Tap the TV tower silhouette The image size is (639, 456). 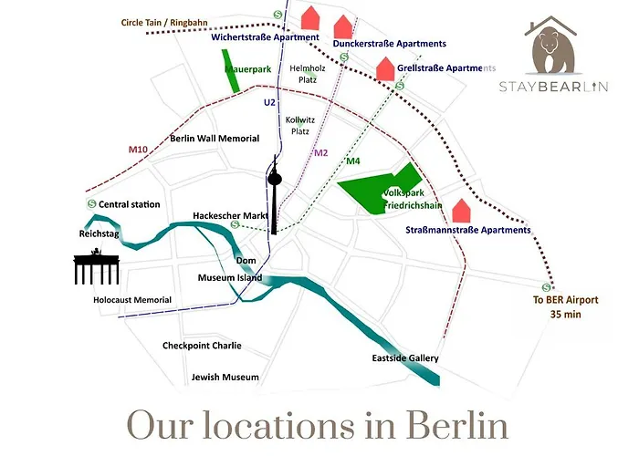click(275, 196)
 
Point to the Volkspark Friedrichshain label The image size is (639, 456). click(413, 200)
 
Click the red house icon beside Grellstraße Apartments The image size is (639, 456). click(385, 68)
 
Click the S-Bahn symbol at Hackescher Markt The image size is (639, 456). click(236, 224)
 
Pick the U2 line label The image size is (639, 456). click(268, 103)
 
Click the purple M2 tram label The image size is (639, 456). click(320, 152)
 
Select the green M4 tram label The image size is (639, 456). click(353, 161)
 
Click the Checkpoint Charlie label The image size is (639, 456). click(202, 346)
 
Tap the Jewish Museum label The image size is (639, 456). click(225, 377)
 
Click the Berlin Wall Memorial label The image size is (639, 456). click(215, 139)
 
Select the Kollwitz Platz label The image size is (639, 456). click(299, 126)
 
